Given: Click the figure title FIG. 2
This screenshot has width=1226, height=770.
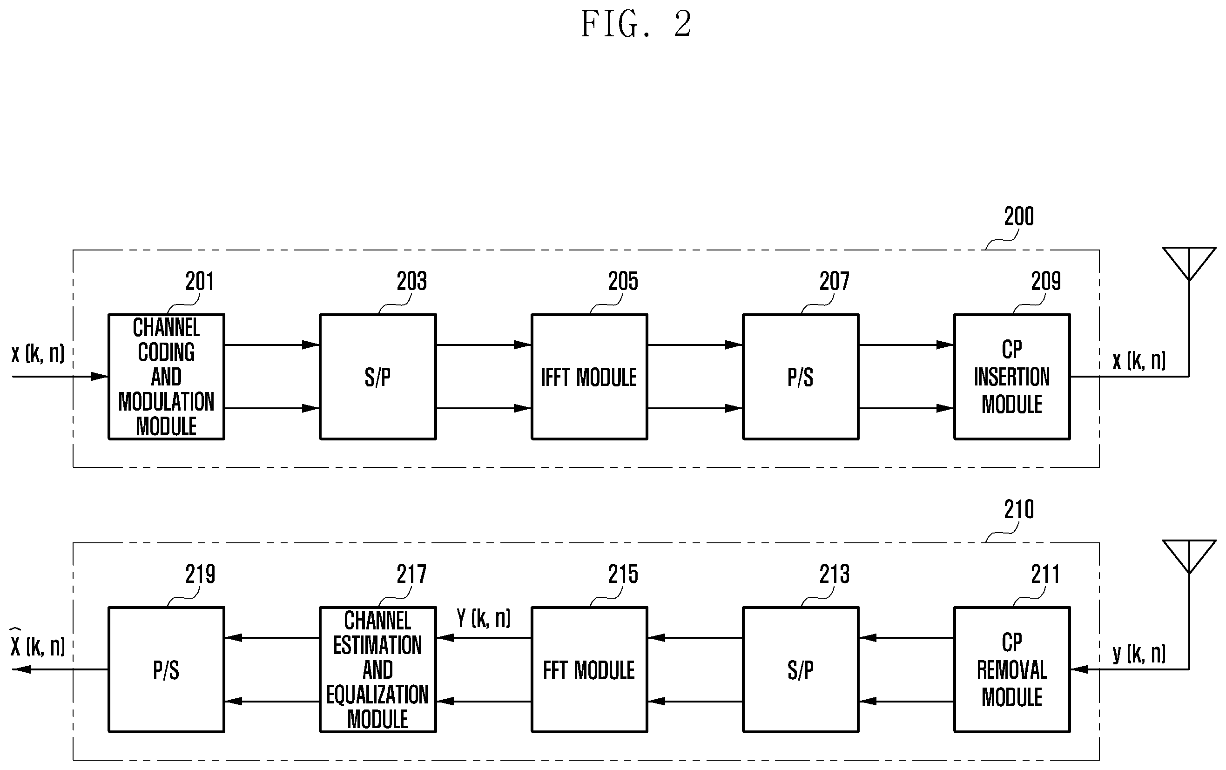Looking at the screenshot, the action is (636, 24).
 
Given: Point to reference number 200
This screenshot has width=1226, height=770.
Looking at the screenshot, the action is (1019, 216).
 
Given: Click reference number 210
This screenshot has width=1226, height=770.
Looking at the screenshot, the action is (1019, 509).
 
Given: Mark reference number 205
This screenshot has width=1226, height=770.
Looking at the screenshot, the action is (623, 281).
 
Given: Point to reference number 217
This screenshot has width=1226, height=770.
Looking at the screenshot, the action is (411, 574).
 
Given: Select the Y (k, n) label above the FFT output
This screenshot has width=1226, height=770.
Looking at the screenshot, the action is (483, 618).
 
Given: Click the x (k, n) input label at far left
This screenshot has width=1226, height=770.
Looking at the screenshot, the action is (38, 353).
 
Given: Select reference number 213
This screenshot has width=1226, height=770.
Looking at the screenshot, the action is (834, 574).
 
